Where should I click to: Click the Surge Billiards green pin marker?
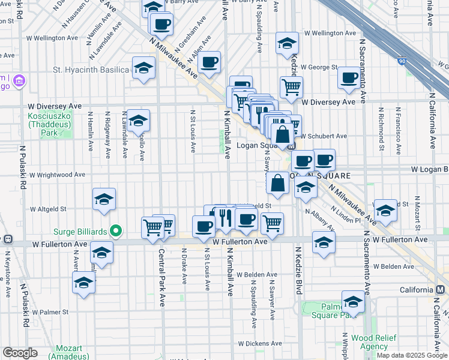117,230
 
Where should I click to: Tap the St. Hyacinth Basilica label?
91,70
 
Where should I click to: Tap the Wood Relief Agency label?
370,343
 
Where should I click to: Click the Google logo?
20,353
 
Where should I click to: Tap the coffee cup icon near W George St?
348,77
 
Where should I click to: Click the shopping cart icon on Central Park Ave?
152,227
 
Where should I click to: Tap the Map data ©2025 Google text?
412,355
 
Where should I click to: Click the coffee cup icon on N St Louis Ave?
203,226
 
